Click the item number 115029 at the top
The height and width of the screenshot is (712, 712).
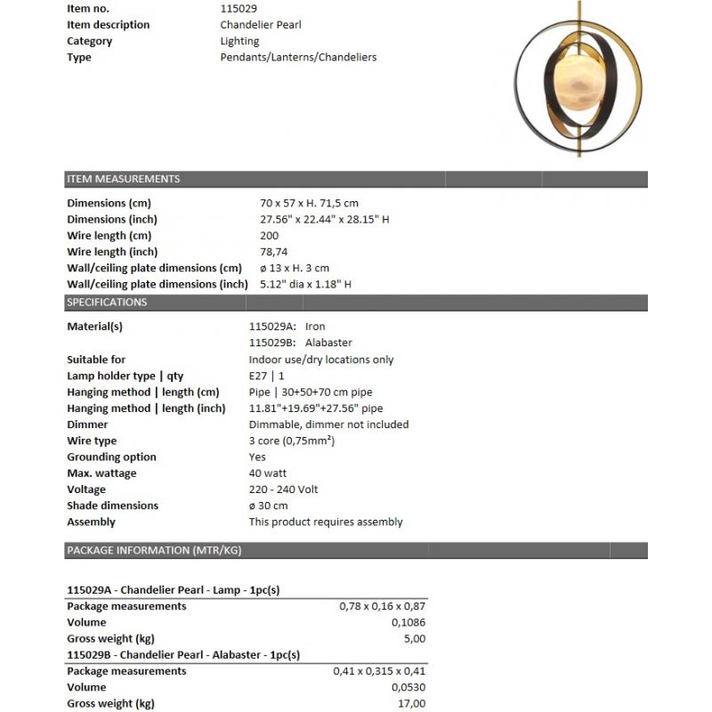click(x=239, y=8)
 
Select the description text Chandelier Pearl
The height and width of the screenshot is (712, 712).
click(x=262, y=25)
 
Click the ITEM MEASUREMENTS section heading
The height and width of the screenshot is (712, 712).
click(x=124, y=179)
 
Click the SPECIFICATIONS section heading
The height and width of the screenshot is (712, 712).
click(x=108, y=302)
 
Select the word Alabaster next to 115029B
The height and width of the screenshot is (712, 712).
click(x=328, y=343)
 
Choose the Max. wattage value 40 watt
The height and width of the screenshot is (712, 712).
click(x=268, y=473)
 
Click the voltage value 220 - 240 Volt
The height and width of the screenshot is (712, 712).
click(x=283, y=489)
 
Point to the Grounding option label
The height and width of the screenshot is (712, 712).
click(x=111, y=457)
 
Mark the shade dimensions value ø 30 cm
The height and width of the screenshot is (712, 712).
click(x=268, y=506)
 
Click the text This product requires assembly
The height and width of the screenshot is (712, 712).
click(x=326, y=522)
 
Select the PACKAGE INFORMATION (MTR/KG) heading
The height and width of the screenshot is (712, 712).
click(x=154, y=550)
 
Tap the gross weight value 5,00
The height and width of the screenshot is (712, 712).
click(x=414, y=638)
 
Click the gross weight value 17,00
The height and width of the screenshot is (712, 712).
click(x=411, y=703)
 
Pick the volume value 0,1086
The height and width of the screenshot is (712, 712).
click(x=408, y=622)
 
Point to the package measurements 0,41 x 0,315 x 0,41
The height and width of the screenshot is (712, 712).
click(x=379, y=671)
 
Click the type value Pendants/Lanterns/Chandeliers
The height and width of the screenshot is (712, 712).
click(x=298, y=57)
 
